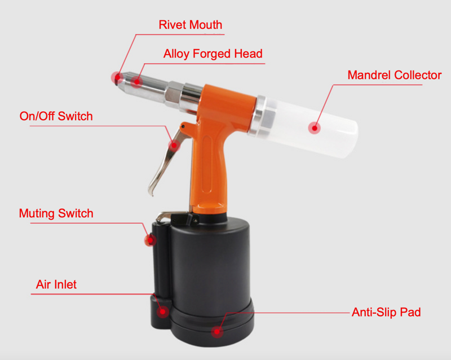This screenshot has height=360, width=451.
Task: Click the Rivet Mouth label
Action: pos(191,25)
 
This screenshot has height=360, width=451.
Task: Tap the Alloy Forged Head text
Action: pos(213,54)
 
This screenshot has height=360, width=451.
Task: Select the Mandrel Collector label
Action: pos(394,75)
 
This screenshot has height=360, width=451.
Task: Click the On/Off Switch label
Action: pos(56,116)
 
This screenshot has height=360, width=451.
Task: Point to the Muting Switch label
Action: pos(56,213)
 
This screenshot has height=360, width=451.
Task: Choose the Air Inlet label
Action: pos(56,284)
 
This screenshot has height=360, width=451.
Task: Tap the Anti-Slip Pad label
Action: pos(386,312)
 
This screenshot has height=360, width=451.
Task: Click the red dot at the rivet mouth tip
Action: pos(117,77)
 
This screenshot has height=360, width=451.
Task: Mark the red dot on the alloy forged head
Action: pos(137,82)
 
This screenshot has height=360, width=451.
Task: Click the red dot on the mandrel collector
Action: pos(315,128)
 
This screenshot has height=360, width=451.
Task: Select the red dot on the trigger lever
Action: pos(174,146)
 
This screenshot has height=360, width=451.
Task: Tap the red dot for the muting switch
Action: pos(150,240)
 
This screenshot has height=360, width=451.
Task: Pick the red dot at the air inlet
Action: pos(163,311)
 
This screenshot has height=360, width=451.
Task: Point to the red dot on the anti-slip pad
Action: pos(217,332)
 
